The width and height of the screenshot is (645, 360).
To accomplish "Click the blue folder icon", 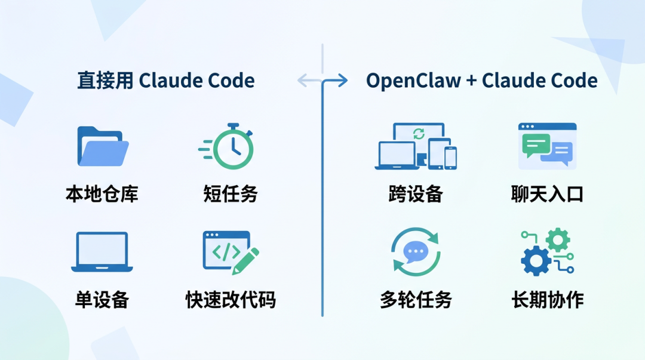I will tap(102, 147).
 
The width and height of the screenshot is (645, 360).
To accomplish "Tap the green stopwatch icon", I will tap(232, 147).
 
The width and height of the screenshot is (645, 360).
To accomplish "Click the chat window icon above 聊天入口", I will tap(547, 146).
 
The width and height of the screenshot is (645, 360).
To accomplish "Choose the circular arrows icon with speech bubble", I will tap(415, 252).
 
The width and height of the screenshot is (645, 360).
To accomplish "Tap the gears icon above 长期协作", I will tap(546, 251).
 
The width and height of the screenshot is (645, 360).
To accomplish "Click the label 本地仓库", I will tap(102, 194).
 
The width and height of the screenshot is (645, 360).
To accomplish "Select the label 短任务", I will tap(231, 194).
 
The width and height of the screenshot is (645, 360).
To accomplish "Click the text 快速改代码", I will tap(231, 300).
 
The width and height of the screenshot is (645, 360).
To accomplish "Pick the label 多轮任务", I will tap(416, 300).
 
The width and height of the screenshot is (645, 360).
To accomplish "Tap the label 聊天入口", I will tap(547, 194).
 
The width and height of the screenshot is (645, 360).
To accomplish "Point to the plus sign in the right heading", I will tap(471, 81).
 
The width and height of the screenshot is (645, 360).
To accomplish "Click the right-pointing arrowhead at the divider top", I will tap(343, 81).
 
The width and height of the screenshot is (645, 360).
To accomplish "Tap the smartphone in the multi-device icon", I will tap(450, 158).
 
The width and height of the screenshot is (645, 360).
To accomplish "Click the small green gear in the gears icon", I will tap(558, 239).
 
